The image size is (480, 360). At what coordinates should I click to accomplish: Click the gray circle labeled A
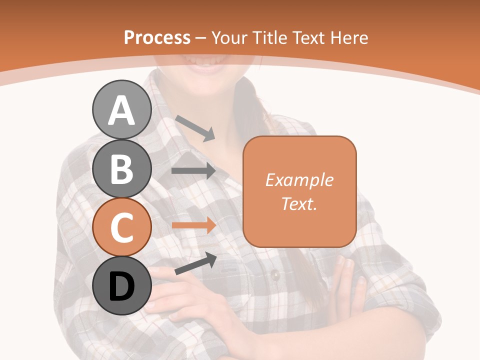(121, 110)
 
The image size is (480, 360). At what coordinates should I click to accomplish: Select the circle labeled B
(121, 169)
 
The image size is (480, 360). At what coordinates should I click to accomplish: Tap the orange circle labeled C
(121, 227)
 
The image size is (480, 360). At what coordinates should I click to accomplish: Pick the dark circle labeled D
(121, 286)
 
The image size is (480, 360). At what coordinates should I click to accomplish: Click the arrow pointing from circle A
(195, 128)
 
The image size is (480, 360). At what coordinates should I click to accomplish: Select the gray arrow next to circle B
(193, 171)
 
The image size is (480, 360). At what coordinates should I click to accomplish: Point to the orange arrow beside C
(193, 225)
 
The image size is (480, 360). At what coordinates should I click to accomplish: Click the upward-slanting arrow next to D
(195, 264)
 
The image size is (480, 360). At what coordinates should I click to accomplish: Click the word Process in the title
(157, 37)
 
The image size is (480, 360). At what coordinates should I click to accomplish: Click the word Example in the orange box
(299, 180)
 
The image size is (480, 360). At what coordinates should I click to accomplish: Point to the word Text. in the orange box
(299, 203)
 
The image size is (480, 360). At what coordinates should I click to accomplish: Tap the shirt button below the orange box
(274, 273)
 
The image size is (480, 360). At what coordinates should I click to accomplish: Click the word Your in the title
(230, 37)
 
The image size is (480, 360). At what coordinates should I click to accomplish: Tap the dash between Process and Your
(200, 38)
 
